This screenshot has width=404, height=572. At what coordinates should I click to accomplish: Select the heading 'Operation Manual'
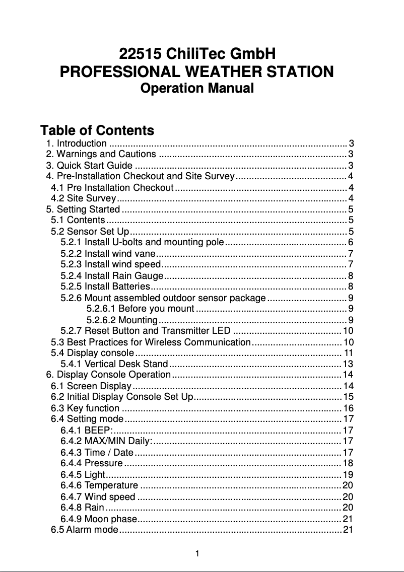point(197,89)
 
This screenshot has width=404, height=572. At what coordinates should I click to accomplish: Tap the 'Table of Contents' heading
point(97,131)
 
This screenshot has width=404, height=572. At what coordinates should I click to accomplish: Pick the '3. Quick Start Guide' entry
point(89,165)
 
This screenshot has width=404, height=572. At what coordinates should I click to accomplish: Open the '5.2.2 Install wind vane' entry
point(108,253)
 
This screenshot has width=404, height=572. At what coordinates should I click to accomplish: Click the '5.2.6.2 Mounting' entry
point(122,320)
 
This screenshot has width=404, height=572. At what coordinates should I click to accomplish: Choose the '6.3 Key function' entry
point(86,408)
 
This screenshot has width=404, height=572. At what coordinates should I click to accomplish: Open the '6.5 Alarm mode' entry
point(84,530)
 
